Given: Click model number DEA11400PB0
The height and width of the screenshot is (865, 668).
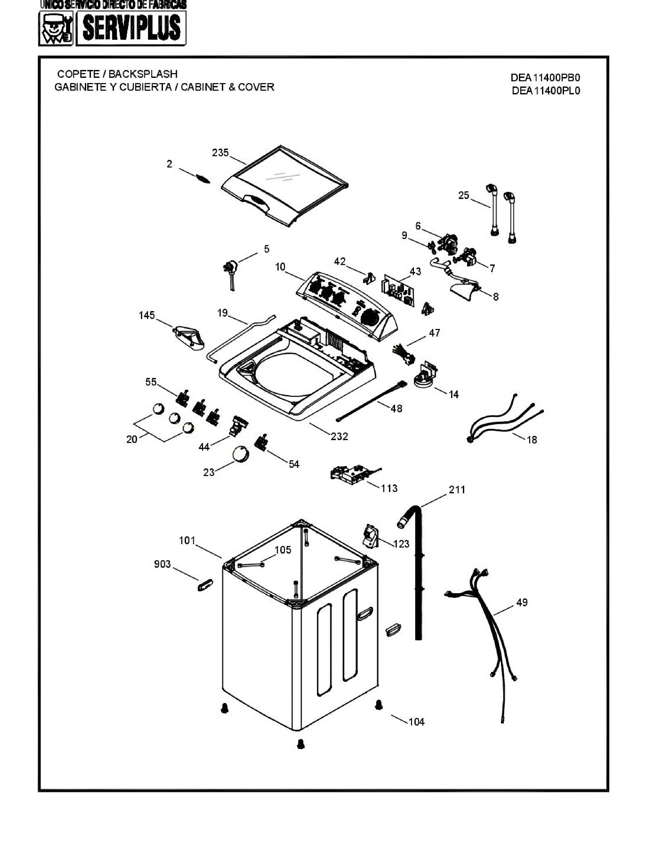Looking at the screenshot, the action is pos(545,77).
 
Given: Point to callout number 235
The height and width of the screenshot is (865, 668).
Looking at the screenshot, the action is pos(220,153).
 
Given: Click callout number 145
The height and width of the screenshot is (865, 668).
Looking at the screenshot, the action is pos(147,315).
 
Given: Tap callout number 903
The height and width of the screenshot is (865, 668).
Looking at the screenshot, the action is pos(162,564).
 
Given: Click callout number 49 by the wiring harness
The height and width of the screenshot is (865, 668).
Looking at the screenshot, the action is pos(522,602).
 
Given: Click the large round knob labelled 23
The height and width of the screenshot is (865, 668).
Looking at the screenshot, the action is pos(241,454).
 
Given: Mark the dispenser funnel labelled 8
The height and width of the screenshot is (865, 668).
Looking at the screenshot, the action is pos(465,291).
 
